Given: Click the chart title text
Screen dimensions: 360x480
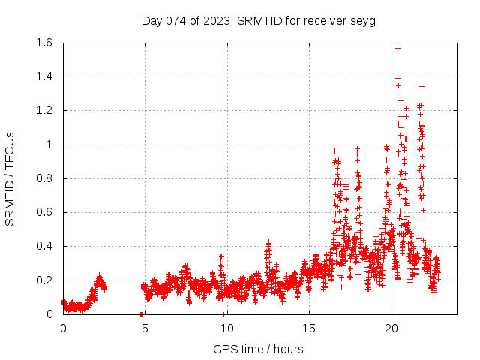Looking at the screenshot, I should pyautogui.click(x=259, y=20).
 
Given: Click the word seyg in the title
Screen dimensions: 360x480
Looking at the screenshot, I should pyautogui.click(x=363, y=20).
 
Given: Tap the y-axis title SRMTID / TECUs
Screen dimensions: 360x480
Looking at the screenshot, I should pyautogui.click(x=10, y=178).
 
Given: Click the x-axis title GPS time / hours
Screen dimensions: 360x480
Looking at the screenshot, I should pyautogui.click(x=259, y=349).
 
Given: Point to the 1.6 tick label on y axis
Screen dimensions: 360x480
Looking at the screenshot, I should pyautogui.click(x=43, y=43).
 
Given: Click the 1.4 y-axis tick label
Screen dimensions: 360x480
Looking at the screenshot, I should pyautogui.click(x=43, y=77).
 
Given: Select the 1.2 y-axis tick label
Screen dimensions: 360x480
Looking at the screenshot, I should pyautogui.click(x=43, y=111).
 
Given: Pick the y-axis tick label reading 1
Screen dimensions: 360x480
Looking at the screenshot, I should pyautogui.click(x=49, y=145).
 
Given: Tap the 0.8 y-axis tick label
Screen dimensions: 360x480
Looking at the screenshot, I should pyautogui.click(x=43, y=178).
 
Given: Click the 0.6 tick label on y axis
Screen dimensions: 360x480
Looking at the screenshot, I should pyautogui.click(x=43, y=212).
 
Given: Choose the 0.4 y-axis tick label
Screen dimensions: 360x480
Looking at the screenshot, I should pyautogui.click(x=43, y=246).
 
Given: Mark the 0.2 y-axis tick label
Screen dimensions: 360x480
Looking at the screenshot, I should pyautogui.click(x=43, y=280).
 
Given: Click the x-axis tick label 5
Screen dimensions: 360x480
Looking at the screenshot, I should pyautogui.click(x=145, y=328).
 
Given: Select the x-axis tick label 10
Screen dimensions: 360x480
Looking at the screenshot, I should pyautogui.click(x=226, y=328).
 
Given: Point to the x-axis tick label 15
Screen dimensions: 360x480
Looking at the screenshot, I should pyautogui.click(x=309, y=328).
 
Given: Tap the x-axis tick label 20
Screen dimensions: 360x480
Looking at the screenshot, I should pyautogui.click(x=391, y=328).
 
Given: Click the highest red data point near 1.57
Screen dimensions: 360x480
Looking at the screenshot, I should pyautogui.click(x=397, y=48).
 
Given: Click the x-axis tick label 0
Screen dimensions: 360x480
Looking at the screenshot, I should pyautogui.click(x=63, y=328).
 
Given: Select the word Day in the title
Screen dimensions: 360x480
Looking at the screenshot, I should pyautogui.click(x=152, y=20).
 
